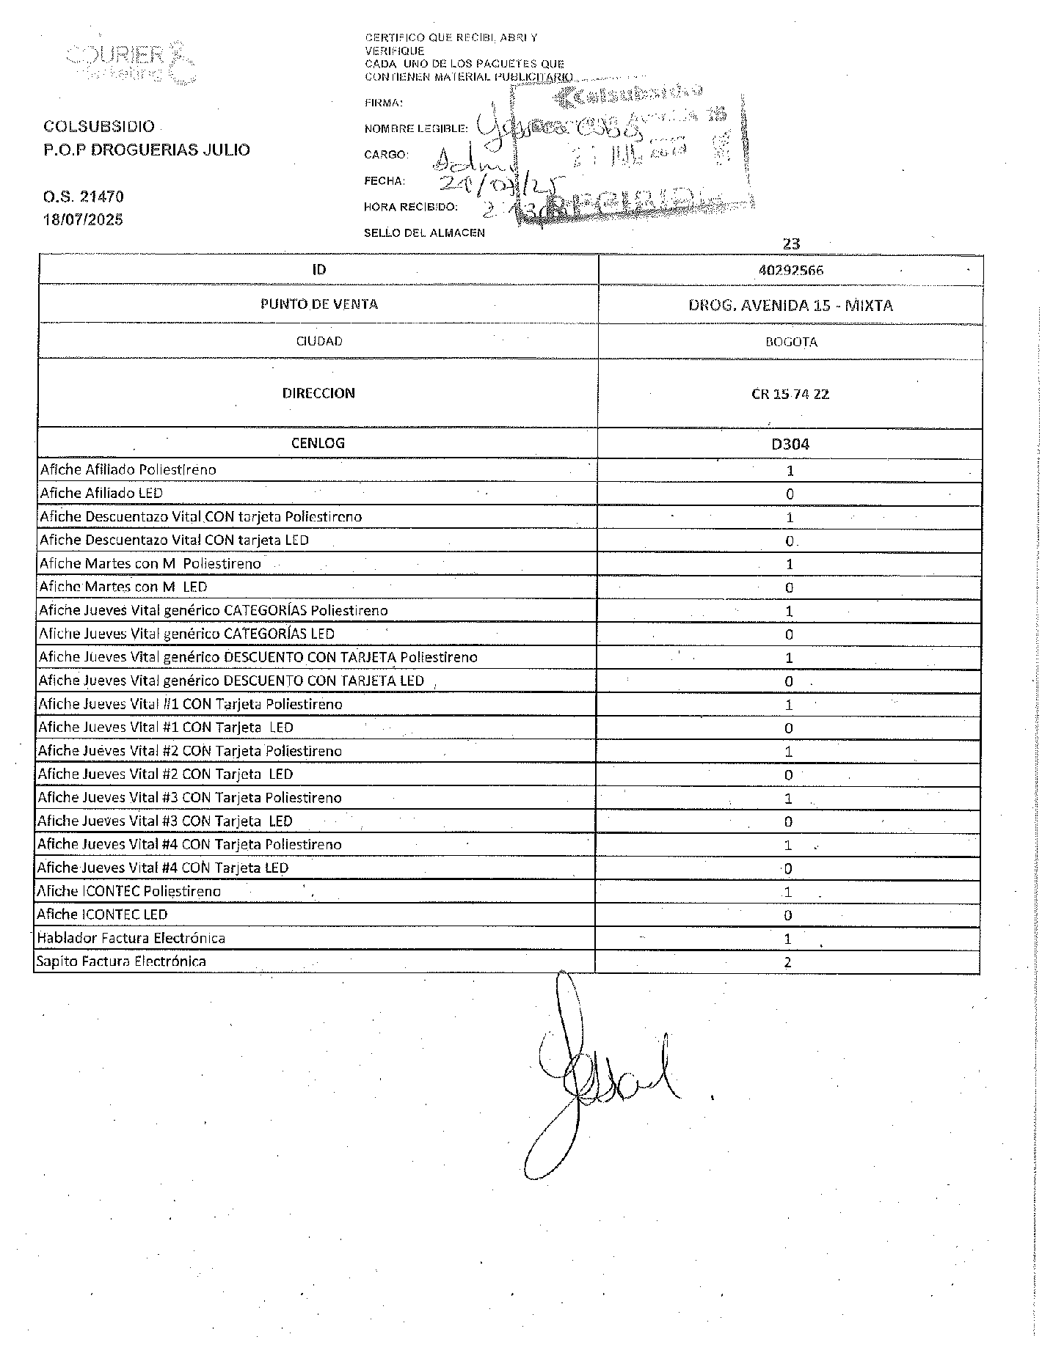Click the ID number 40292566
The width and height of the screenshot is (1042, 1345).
[x=790, y=271]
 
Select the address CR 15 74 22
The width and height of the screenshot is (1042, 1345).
[x=790, y=394]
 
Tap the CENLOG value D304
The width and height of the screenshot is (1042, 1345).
[x=790, y=444]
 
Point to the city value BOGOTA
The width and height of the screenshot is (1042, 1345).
[x=790, y=342]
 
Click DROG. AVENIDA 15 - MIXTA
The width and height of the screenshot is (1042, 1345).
[x=790, y=305]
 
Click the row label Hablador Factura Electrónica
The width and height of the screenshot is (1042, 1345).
[x=131, y=938]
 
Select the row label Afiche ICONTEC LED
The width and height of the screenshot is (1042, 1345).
[x=102, y=915]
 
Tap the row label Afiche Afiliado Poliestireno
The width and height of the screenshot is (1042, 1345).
[x=128, y=469]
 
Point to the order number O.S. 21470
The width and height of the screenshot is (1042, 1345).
[x=83, y=197]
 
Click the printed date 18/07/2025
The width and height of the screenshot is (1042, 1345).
[x=83, y=219]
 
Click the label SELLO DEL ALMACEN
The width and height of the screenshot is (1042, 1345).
[x=424, y=233]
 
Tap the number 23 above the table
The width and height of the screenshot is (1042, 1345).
[x=791, y=243]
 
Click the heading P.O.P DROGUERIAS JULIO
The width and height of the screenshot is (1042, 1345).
[x=147, y=150]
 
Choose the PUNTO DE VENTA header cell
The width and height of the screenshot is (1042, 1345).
[x=318, y=304]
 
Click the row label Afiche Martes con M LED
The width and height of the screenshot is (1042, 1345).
[x=123, y=587]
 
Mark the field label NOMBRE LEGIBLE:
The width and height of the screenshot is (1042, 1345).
[x=415, y=129]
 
